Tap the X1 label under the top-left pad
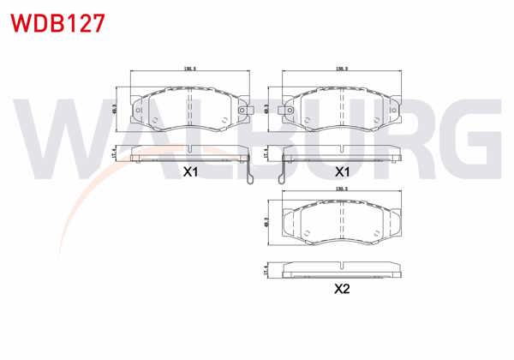[x=190, y=171]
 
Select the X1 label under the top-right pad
[x=343, y=171]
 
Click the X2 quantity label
[x=342, y=289]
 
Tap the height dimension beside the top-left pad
[x=116, y=109]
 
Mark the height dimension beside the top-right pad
[x=268, y=109]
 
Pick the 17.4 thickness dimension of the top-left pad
[x=116, y=153]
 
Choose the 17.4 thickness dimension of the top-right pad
[x=268, y=153]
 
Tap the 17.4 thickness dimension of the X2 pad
[x=268, y=269]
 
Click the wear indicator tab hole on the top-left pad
[x=243, y=109]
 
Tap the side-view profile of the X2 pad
[x=341, y=269]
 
